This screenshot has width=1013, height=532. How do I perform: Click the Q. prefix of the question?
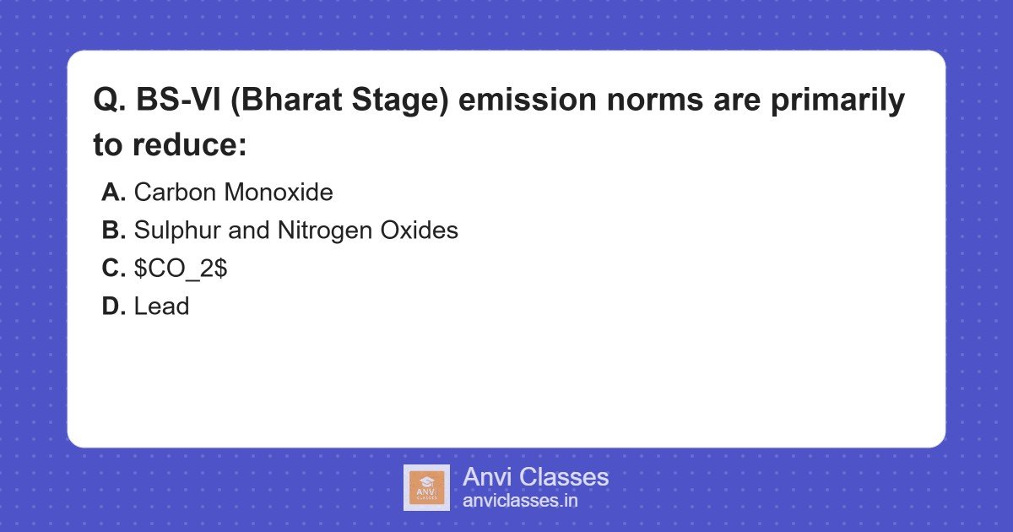click(x=110, y=101)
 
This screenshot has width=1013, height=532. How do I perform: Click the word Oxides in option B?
click(x=421, y=231)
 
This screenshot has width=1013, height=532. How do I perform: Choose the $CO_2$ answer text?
click(x=181, y=269)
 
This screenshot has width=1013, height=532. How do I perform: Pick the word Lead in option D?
click(x=161, y=307)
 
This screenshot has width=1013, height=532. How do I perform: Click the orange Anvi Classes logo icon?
click(x=426, y=488)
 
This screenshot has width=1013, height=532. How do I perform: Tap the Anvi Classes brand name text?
click(x=535, y=477)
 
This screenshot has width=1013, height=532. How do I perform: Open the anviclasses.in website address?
click(x=520, y=501)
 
